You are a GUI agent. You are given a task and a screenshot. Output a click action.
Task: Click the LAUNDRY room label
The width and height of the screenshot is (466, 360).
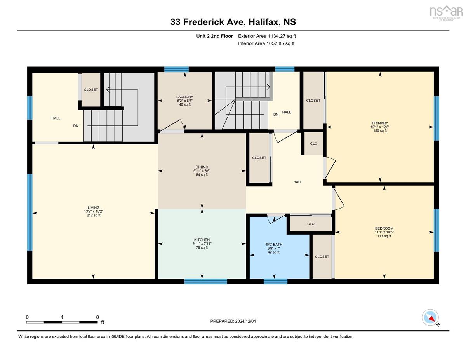coord(184,97)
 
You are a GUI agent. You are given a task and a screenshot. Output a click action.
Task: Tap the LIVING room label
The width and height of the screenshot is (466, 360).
coord(94,207)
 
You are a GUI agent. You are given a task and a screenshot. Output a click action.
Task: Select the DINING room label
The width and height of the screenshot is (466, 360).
coord(202,167)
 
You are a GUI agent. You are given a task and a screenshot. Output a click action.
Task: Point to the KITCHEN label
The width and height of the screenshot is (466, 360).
coord(202,240)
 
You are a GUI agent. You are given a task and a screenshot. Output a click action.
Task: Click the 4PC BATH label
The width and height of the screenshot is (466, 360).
coord(274,245)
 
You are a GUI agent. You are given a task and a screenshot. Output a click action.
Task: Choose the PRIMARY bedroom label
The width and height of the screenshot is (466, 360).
coord(380,123)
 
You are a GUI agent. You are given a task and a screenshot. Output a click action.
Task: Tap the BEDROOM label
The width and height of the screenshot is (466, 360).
coord(384,228)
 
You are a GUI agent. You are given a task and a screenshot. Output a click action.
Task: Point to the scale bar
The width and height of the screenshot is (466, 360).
coord(62,322)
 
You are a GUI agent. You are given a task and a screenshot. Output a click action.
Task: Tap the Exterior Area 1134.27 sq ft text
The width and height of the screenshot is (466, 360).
coord(267,36)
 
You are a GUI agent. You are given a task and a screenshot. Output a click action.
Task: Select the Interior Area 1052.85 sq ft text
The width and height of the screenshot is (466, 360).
coord(266,43)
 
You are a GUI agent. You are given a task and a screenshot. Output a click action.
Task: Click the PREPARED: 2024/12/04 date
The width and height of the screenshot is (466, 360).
coord(233,321)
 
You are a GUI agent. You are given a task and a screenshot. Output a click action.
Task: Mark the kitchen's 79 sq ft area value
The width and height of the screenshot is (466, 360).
coord(202,248)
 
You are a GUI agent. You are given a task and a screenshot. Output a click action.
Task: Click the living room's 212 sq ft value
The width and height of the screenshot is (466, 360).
coord(94,215)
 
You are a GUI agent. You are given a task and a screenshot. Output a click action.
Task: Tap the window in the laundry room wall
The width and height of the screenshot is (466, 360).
coord(176,69)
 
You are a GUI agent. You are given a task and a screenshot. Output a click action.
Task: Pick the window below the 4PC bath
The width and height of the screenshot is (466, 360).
coord(275,282)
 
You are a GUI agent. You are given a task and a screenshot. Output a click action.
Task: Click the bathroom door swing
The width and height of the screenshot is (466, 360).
coord(276,219)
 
